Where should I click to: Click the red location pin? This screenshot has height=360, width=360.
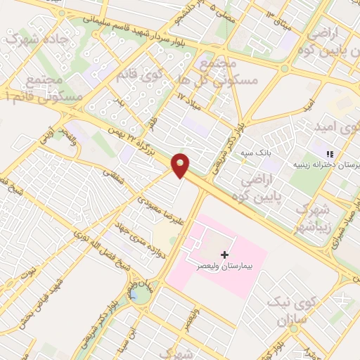click(181, 165)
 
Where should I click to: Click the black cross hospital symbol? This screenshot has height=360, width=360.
click(224, 253)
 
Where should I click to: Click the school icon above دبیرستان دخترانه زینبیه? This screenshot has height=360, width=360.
click(328, 153)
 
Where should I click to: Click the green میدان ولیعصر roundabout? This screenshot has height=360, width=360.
click(141, 293)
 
